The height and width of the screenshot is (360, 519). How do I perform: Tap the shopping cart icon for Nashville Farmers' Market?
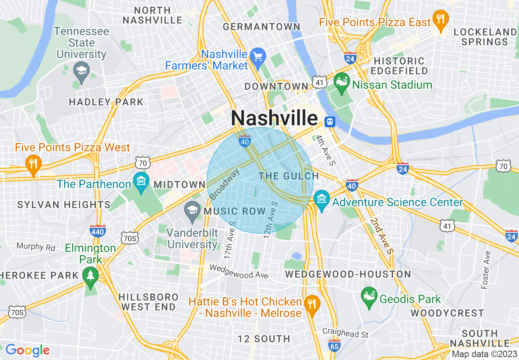[x=258, y=56]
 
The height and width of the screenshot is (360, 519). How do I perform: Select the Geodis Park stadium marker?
[x=369, y=296]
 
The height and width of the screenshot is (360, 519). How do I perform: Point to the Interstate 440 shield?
[x=98, y=231]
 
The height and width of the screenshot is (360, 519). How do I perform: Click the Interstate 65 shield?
[x=334, y=345]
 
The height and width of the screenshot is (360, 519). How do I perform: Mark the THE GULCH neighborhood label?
[x=289, y=176]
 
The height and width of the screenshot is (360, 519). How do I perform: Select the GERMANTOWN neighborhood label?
[x=262, y=27]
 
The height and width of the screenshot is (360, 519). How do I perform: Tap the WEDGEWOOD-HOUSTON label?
[x=348, y=274]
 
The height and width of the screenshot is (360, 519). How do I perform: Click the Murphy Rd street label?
[x=36, y=246]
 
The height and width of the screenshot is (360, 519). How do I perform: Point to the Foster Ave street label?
[x=486, y=270]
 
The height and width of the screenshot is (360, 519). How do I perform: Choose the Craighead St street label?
[x=345, y=333]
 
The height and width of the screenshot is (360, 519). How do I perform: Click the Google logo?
[x=27, y=350]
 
